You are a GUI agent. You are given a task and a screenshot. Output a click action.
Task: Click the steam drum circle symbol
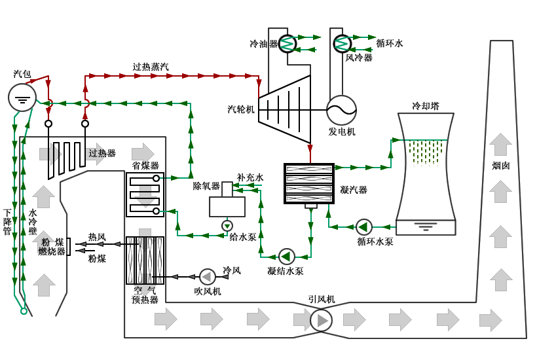[x=22, y=98]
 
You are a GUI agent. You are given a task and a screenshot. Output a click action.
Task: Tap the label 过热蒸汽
[x=151, y=67]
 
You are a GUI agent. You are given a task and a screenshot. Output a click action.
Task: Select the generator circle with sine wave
[x=341, y=110]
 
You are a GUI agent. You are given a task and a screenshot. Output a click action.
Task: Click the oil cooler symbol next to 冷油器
[x=287, y=44]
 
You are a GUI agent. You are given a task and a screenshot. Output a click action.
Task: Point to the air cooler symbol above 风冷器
[x=342, y=44]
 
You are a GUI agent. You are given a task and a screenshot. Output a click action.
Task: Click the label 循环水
[x=390, y=43]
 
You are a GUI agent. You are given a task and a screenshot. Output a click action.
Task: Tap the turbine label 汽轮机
[x=241, y=109]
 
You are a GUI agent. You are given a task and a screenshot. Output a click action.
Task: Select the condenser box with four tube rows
[x=309, y=183]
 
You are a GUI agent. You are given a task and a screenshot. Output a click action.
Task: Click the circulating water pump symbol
[x=363, y=227]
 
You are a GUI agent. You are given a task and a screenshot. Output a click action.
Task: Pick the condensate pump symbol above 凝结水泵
[x=287, y=257]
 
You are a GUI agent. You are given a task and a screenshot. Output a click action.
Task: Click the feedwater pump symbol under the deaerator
[x=227, y=226]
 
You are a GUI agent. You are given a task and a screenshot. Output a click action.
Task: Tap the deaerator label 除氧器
[x=206, y=186]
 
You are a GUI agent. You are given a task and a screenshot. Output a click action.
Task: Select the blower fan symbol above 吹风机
[x=207, y=277]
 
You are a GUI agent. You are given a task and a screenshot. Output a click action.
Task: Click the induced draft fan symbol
[x=321, y=320]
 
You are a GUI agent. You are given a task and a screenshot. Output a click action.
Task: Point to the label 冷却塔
[x=426, y=106]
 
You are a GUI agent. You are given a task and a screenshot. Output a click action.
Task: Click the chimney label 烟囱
[x=501, y=166]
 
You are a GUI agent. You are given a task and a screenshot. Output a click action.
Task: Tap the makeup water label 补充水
[x=250, y=177]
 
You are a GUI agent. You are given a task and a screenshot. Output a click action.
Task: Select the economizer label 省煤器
[x=145, y=166]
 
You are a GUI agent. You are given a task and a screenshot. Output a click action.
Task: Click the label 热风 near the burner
[x=97, y=237]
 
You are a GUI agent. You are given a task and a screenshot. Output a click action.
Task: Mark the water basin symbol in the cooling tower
[x=426, y=227]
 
